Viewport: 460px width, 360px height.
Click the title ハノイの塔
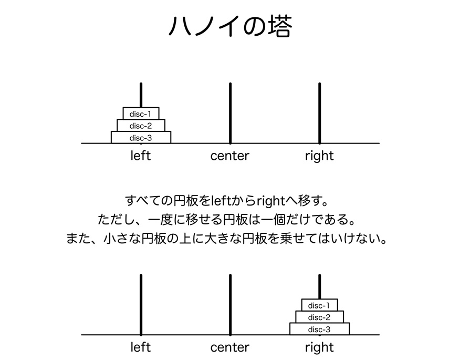pos(231,26)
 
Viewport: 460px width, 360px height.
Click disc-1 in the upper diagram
pos(141,114)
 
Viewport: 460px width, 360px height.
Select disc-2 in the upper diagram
pos(141,126)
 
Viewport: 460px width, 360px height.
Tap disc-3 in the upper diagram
pos(141,137)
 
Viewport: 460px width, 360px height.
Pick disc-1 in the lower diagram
pos(319,305)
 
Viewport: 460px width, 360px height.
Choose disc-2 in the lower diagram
pos(319,317)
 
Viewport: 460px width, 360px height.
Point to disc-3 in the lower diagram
pos(319,329)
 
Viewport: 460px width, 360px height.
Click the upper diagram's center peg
pos(231,113)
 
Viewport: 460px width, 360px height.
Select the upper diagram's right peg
pos(319,113)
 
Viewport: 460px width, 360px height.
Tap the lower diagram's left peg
pos(141,305)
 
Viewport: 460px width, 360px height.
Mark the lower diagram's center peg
pos(231,305)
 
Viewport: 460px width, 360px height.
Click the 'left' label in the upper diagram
pos(141,156)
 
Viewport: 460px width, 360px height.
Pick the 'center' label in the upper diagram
pos(229,156)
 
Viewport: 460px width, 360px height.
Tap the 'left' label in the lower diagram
pos(141,347)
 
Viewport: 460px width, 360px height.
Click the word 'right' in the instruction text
pos(271,201)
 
